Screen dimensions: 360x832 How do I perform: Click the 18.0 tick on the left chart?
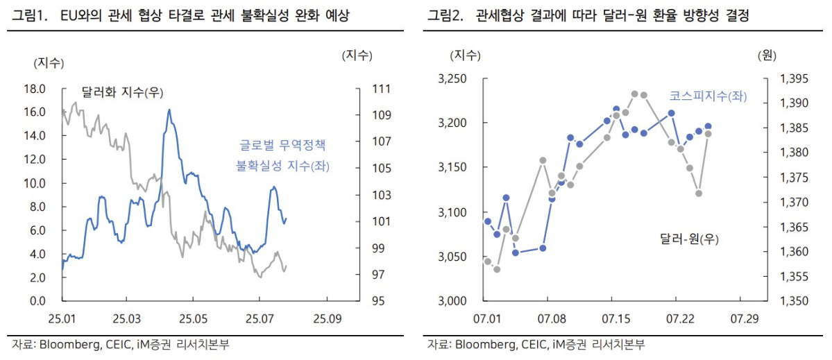coord(35,89)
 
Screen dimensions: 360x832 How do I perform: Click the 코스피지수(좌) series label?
coord(707,96)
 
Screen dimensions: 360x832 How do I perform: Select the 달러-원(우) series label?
coord(689,239)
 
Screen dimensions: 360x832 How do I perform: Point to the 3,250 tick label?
coord(453,79)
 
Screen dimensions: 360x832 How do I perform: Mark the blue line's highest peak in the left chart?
coord(169,110)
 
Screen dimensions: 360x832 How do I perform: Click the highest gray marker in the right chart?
coord(634,94)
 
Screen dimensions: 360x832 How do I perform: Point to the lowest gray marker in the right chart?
coord(497,269)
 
